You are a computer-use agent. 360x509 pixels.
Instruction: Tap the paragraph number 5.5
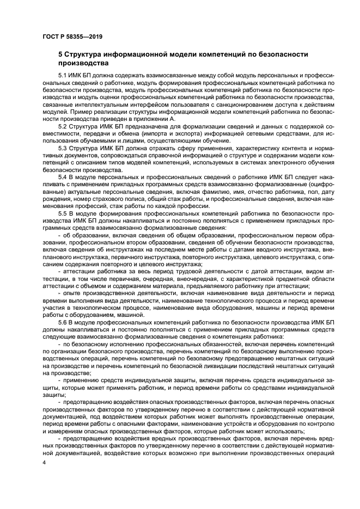[x=63, y=213]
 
